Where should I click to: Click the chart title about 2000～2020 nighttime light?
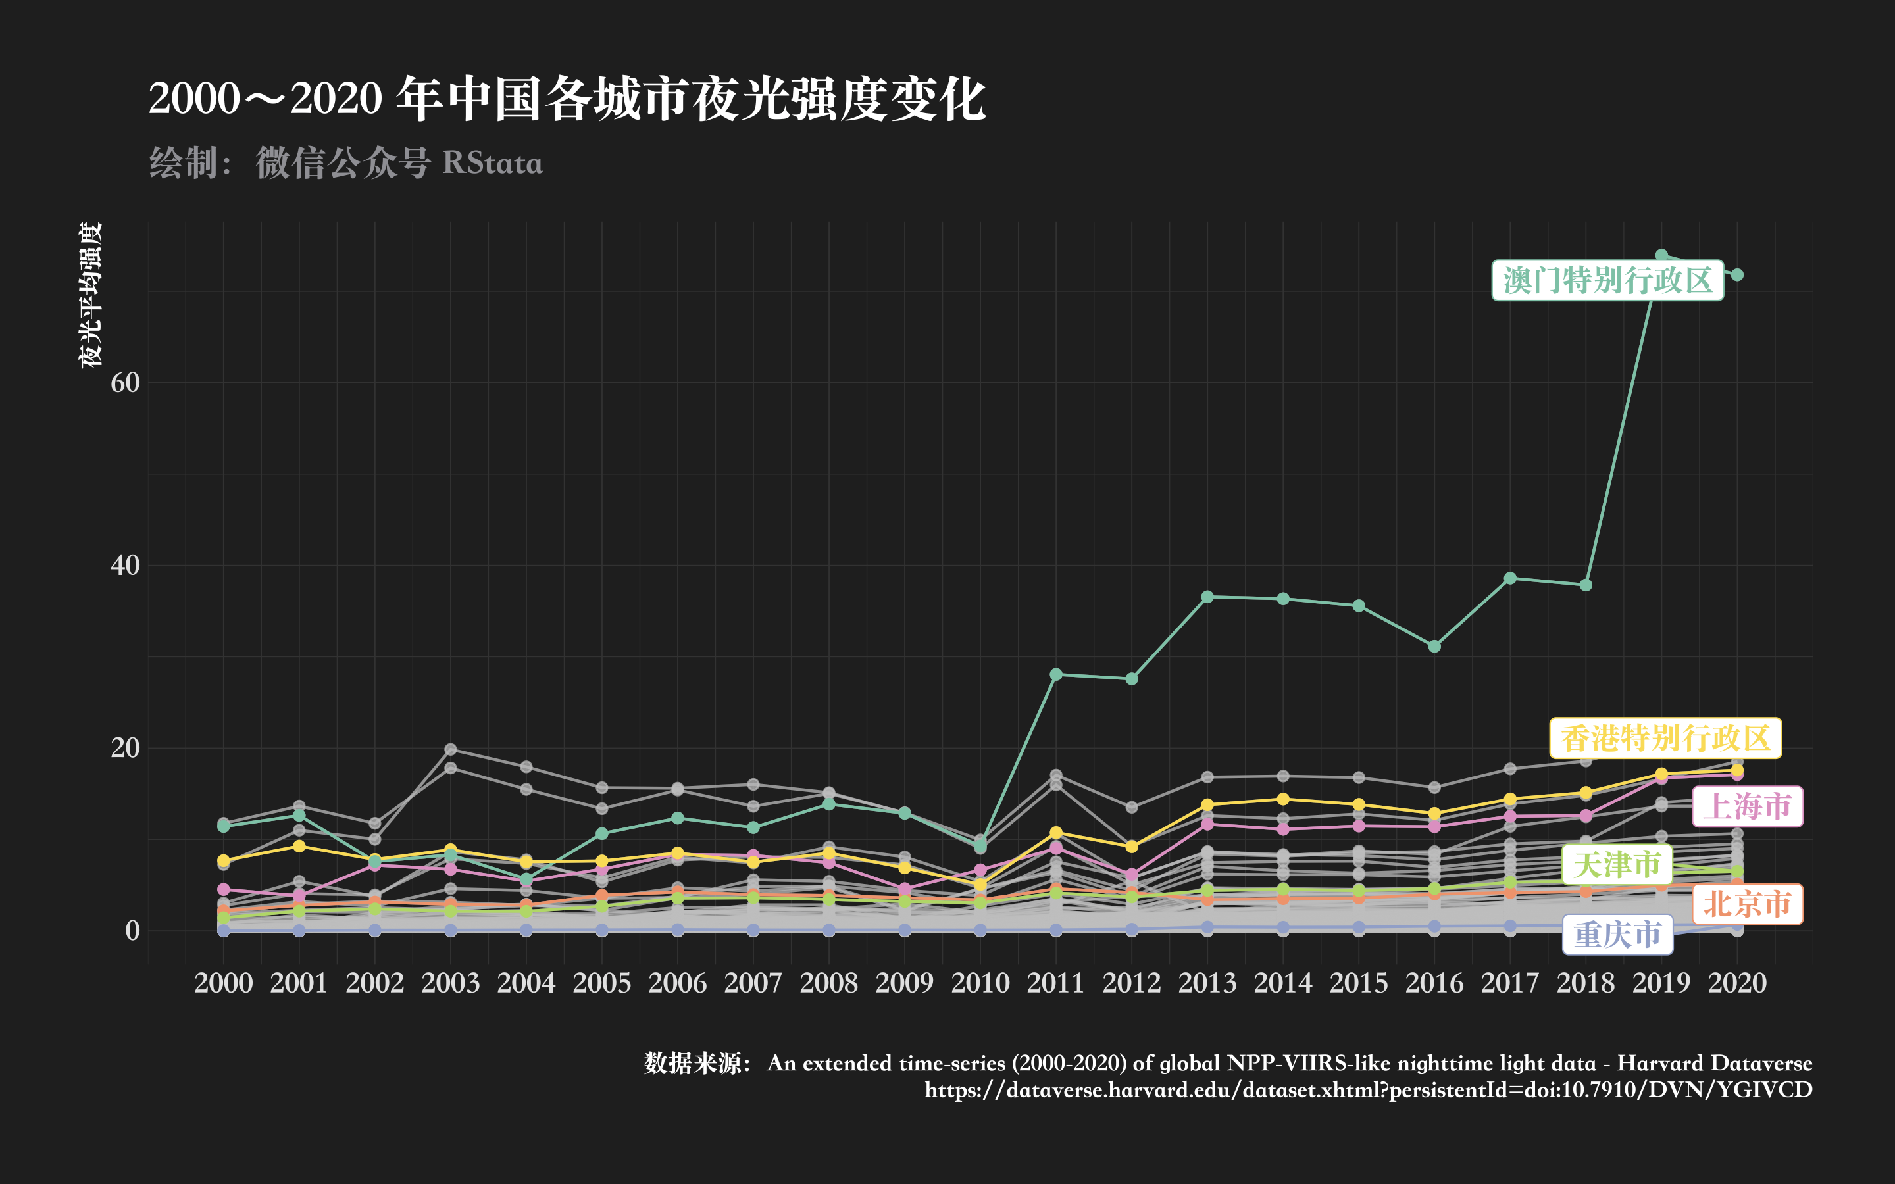tap(567, 99)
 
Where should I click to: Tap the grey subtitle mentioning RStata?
tap(345, 163)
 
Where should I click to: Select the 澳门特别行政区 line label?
tap(1607, 280)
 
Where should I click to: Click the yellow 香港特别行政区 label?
tap(1665, 737)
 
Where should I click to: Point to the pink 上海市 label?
tap(1747, 806)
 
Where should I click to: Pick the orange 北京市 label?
tap(1747, 904)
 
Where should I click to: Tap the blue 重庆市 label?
tap(1618, 934)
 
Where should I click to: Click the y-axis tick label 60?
tap(125, 382)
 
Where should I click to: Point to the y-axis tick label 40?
tap(125, 566)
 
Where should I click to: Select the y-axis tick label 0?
tap(132, 930)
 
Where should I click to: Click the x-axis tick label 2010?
tap(980, 983)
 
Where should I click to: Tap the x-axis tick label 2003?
tap(450, 983)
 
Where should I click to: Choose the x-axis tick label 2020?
tap(1737, 983)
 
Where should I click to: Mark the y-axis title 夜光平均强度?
tap(91, 295)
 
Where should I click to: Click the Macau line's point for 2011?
tap(1055, 674)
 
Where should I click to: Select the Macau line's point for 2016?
tap(1434, 646)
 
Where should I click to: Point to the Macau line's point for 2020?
tap(1737, 275)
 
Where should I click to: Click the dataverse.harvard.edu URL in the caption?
tap(1368, 1090)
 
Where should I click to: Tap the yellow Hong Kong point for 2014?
tap(1282, 799)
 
